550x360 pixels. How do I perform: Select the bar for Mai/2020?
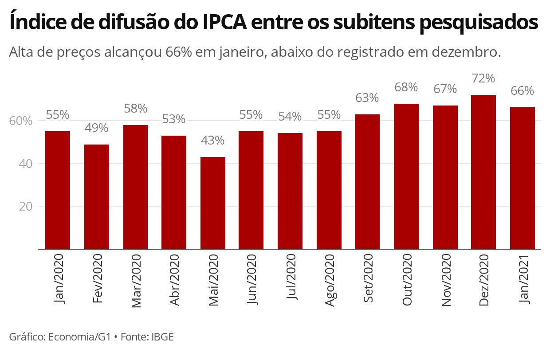pos(213,203)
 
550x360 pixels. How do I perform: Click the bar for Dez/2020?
pos(483,172)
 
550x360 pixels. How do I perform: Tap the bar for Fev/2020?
pos(97,196)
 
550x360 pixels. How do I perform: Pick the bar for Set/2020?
pos(367,182)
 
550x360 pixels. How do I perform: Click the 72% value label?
pos(483,78)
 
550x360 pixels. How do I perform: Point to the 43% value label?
pos(213,141)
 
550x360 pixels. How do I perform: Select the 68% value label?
pos(406,87)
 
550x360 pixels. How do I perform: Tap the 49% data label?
pos(97,128)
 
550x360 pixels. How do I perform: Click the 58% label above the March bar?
pos(136,109)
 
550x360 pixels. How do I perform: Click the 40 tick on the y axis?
pos(25,164)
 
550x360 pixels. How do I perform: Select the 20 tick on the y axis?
pos(25,207)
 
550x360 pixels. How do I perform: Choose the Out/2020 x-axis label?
pos(407,279)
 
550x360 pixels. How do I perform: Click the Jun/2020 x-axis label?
pos(252,279)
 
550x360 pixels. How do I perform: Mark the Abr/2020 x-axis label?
pos(175,280)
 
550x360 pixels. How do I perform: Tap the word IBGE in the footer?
pos(162,337)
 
